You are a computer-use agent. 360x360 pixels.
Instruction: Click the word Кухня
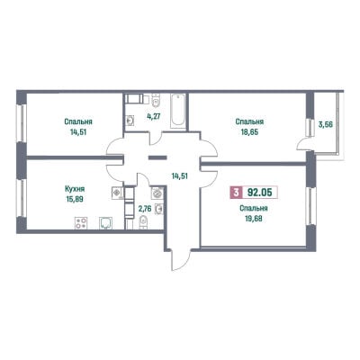pyautogui.click(x=75, y=189)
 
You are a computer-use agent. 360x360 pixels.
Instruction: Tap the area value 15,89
pyautogui.click(x=75, y=199)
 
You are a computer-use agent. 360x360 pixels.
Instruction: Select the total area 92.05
pyautogui.click(x=259, y=193)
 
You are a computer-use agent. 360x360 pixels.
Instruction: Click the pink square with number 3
pyautogui.click(x=236, y=193)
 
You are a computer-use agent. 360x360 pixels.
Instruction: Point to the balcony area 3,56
pyautogui.click(x=326, y=124)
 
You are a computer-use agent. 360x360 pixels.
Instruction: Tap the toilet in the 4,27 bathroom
pyautogui.click(x=156, y=100)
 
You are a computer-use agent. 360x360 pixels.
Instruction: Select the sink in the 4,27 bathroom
pyautogui.click(x=130, y=121)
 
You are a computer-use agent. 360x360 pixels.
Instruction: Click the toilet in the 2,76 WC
pyautogui.click(x=144, y=222)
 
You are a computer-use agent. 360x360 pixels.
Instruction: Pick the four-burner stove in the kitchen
pyautogui.click(x=81, y=223)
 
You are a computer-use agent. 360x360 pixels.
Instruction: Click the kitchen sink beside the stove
pyautogui.click(x=106, y=223)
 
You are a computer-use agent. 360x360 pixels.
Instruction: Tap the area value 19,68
pyautogui.click(x=254, y=218)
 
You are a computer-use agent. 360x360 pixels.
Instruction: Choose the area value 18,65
pyautogui.click(x=249, y=131)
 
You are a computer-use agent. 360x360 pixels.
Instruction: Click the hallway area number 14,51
pyautogui.click(x=179, y=175)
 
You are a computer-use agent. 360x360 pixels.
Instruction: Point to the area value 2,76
pyautogui.click(x=144, y=209)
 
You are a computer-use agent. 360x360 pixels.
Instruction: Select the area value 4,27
pyautogui.click(x=153, y=116)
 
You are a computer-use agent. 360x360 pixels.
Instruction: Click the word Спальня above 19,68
pyautogui.click(x=254, y=208)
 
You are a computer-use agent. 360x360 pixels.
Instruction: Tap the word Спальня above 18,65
pyautogui.click(x=249, y=121)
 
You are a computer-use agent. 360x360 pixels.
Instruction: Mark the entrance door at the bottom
pyautogui.click(x=181, y=260)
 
